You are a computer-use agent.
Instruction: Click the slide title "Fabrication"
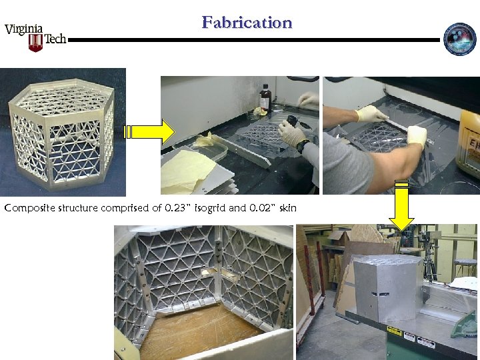tap(247, 23)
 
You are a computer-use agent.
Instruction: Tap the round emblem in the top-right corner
tap(460, 39)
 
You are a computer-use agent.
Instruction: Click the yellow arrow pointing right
tap(149, 132)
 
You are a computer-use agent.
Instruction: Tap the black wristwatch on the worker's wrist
tap(303, 145)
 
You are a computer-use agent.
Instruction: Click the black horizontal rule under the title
tap(253, 40)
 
